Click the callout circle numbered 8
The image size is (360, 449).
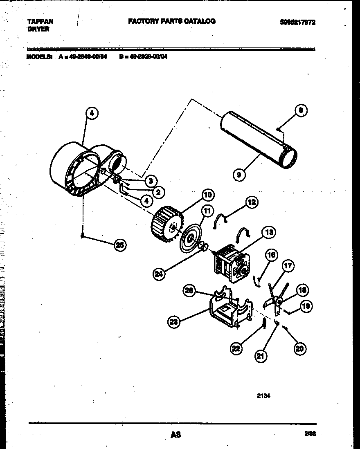pyautogui.click(x=301, y=110)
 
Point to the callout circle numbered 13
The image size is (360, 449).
pyautogui.click(x=268, y=233)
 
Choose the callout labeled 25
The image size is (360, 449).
pyautogui.click(x=119, y=245)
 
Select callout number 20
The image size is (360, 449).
pyautogui.click(x=300, y=348)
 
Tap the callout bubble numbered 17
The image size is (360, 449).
pyautogui.click(x=288, y=266)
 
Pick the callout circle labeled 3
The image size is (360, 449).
pyautogui.click(x=151, y=180)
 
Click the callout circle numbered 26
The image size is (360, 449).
pyautogui.click(x=189, y=290)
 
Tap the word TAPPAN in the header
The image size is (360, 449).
pyautogui.click(x=40, y=22)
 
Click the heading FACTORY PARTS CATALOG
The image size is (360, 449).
pyautogui.click(x=172, y=21)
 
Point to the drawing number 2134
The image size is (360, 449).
pyautogui.click(x=263, y=395)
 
